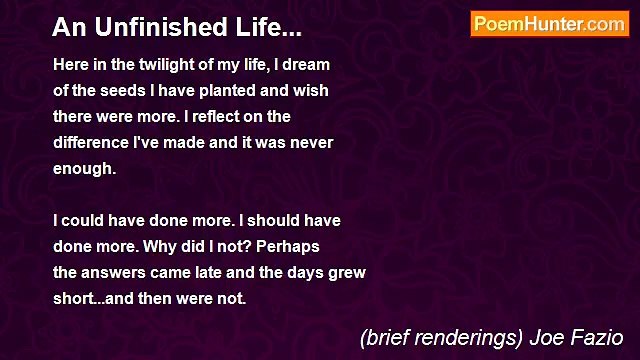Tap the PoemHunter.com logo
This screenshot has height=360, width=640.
[549, 24]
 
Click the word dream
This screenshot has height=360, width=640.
[307, 64]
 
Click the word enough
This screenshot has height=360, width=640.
[84, 168]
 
